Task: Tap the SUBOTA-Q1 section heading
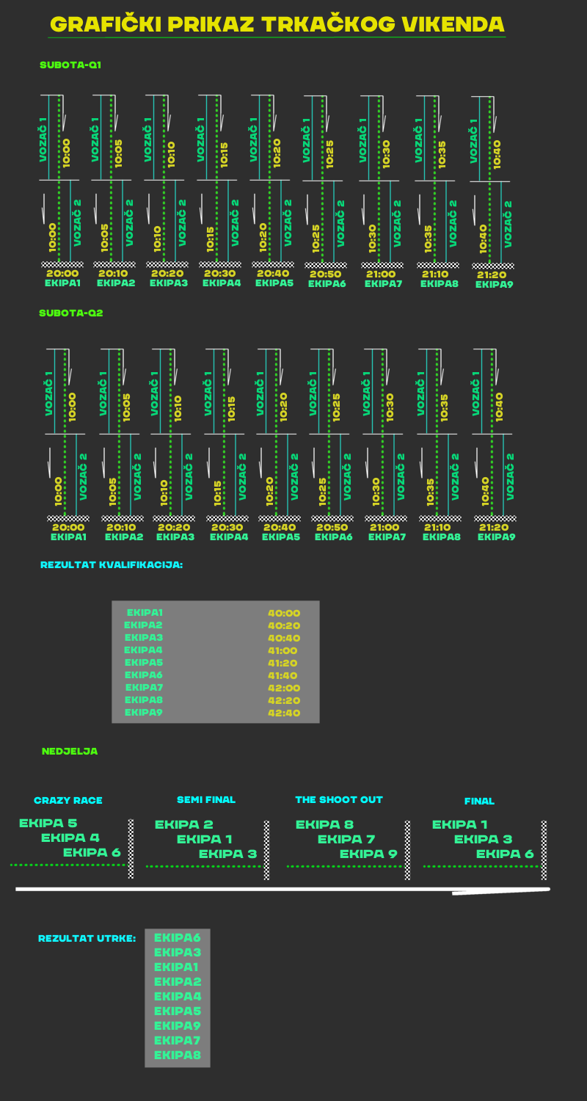click(x=70, y=65)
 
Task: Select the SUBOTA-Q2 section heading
click(x=71, y=313)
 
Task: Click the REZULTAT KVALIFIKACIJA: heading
click(x=112, y=565)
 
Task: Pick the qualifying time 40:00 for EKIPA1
click(x=284, y=614)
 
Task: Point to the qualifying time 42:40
click(x=284, y=713)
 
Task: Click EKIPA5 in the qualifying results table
click(x=144, y=663)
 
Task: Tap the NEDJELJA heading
click(x=70, y=752)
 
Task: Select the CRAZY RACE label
click(x=68, y=801)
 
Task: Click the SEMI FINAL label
click(x=206, y=800)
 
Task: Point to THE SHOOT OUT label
click(x=339, y=800)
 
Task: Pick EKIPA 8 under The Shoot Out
click(x=324, y=825)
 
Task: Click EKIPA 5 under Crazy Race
click(x=48, y=824)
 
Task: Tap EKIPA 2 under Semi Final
click(x=184, y=825)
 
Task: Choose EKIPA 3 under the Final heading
click(x=483, y=840)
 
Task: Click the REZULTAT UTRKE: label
click(x=87, y=939)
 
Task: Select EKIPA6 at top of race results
click(x=177, y=938)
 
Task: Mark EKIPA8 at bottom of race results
click(x=177, y=1055)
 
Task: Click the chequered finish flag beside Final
click(x=544, y=850)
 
